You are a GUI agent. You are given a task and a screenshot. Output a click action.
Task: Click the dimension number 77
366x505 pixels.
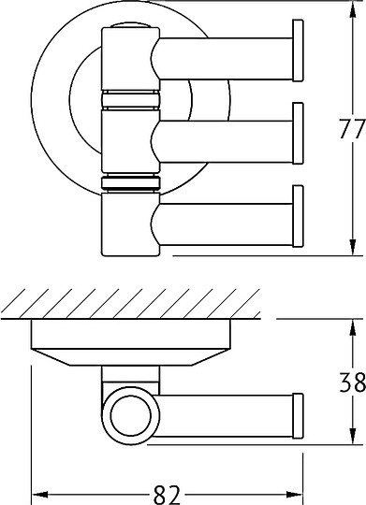(353, 129)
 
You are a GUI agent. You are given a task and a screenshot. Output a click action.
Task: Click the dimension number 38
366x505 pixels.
(353, 382)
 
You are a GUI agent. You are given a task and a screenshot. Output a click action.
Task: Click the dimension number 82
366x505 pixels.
(167, 495)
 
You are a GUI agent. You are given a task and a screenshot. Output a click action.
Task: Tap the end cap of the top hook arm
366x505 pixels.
(298, 50)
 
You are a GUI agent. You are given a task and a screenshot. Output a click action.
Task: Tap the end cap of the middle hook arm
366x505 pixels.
(298, 134)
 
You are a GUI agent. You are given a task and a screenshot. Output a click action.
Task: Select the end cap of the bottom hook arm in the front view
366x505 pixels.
(298, 216)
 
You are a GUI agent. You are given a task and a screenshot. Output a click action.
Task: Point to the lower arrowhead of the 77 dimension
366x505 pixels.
(353, 247)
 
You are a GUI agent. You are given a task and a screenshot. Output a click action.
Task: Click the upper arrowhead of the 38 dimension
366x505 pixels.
(353, 327)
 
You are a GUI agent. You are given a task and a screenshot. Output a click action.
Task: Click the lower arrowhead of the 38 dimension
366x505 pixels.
(353, 437)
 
